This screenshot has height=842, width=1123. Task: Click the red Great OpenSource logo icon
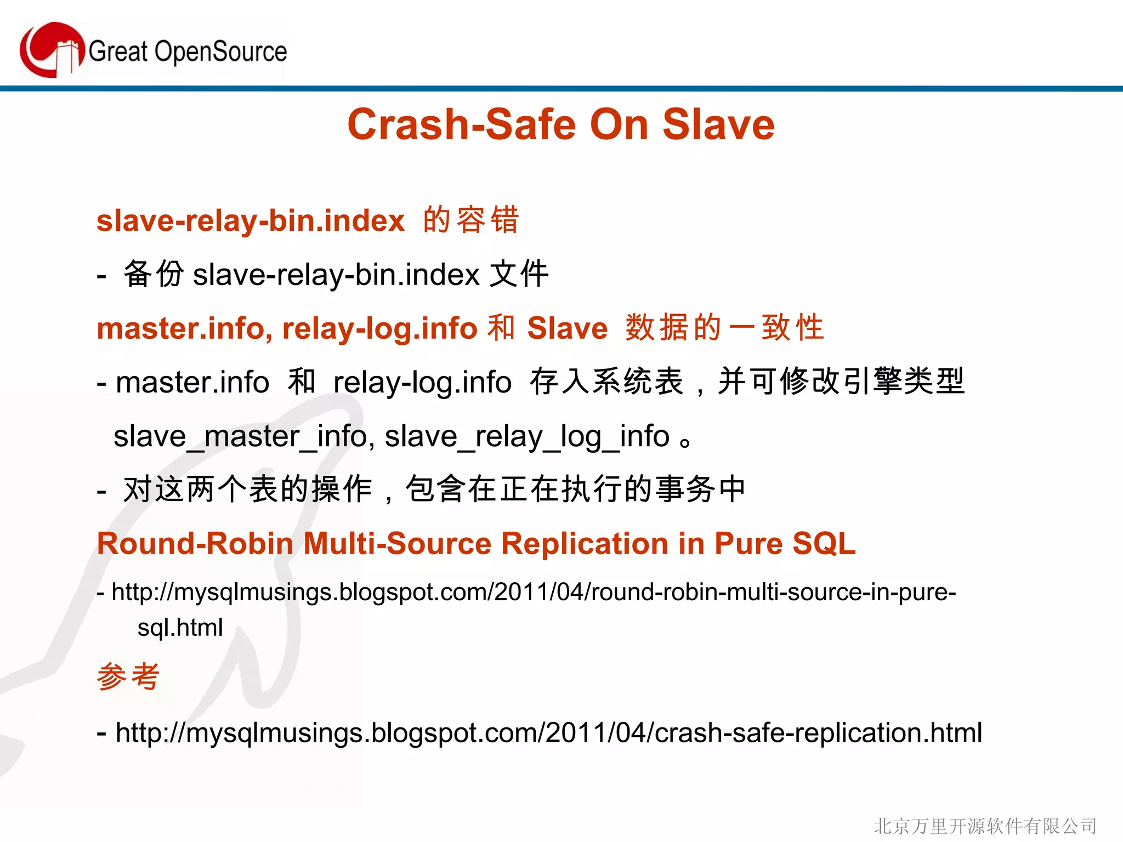click(x=51, y=50)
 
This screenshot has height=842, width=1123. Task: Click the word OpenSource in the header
click(x=220, y=52)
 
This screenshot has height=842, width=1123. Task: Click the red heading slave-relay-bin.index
click(x=251, y=221)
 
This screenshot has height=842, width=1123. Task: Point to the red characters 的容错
click(x=470, y=220)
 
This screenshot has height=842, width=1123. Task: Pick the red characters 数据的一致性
click(x=724, y=328)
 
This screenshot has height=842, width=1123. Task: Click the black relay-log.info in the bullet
click(x=422, y=382)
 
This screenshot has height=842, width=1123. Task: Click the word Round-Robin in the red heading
click(x=195, y=544)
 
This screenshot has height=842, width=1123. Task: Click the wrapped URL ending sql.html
click(x=180, y=628)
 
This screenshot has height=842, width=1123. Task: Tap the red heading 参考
click(x=128, y=676)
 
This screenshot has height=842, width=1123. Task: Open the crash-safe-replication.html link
click(x=548, y=733)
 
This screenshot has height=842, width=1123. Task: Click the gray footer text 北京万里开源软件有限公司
click(x=985, y=826)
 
